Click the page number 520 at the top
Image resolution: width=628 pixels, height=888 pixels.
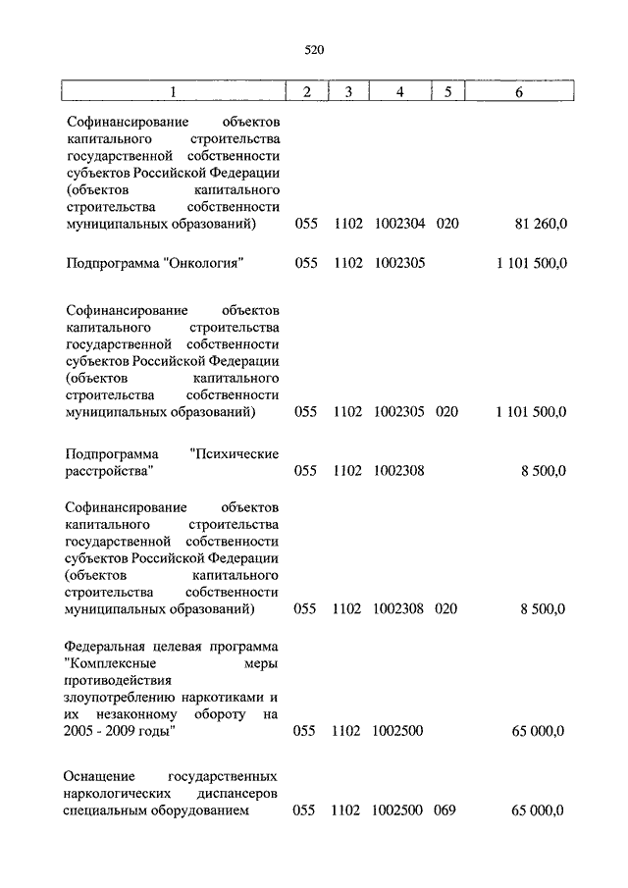[x=314, y=49]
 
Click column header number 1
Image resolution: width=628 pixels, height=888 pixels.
[x=173, y=92]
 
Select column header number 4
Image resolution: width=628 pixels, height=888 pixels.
[x=399, y=92]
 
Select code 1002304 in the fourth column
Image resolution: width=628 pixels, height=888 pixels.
[x=399, y=224]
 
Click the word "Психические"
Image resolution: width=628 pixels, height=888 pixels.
[x=235, y=453]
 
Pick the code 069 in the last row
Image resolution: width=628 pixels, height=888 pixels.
[x=446, y=811]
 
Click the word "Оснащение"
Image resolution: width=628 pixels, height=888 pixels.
[x=100, y=775]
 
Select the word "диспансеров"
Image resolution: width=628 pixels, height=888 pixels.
[x=235, y=793]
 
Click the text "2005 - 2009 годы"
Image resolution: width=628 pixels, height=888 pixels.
[x=121, y=731]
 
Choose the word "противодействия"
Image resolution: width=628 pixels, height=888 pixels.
[x=119, y=680]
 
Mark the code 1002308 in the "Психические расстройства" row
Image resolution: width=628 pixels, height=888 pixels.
[x=399, y=471]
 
